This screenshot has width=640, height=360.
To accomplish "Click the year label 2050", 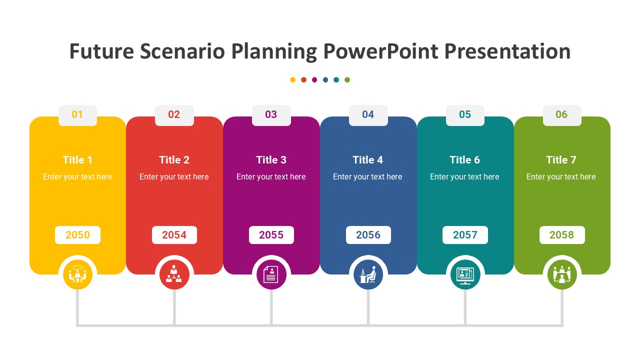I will pos(77,235).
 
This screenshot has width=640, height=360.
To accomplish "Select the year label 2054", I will pos(174,235).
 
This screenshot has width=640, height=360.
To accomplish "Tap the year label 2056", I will pos(368,235).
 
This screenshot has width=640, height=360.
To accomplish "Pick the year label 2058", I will pos(561,235).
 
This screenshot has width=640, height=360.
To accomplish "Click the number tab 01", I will pos(77,114).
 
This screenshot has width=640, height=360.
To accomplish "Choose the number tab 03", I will pos(271,114).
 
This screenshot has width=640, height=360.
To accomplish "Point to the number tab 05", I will pos(465,114).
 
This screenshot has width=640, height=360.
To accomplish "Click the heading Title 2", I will pos(174,160).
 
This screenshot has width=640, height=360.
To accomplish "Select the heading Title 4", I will pos(367,160).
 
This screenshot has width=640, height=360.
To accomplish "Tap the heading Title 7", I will pos(561,160).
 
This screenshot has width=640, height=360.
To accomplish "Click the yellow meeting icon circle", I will pos(77,274).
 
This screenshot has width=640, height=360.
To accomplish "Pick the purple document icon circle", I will pos(271,274).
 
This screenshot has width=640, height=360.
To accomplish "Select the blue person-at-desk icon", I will pos(368,274).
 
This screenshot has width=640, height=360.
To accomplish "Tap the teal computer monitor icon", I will pos(465,274).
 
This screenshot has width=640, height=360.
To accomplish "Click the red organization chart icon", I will pos(174,274).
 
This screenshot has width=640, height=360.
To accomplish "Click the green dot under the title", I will pos(347,79).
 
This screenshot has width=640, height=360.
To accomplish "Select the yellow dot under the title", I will pos(292,79).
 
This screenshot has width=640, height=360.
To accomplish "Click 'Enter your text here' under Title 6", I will pos(464,177).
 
